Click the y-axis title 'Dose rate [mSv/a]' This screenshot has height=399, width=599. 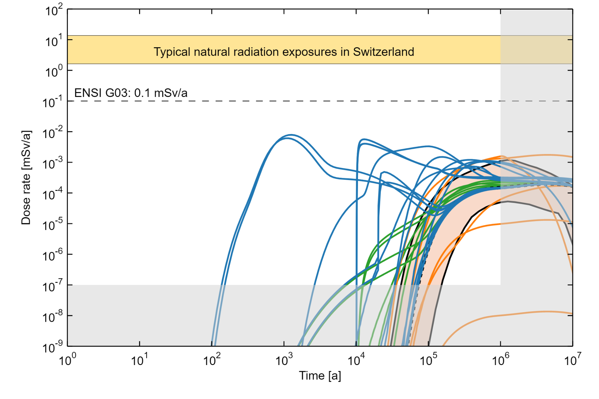pos(26,178)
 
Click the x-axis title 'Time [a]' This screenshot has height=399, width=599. pos(320,376)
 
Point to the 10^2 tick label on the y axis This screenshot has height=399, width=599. pos(54,10)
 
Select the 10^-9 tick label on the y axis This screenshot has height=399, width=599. pos(52,347)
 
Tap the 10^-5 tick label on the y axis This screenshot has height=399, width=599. pos(52,225)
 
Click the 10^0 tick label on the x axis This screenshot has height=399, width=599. pos(67,359)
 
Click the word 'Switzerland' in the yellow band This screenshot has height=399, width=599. pos(383,52)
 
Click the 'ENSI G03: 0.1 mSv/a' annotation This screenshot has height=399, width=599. pos(131,93)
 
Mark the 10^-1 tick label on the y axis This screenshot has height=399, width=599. pos(52,102)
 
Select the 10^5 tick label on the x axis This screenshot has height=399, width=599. pos(428,359)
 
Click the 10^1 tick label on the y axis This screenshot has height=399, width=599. pos(54,41)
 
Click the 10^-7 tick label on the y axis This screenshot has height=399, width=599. pos(52,286)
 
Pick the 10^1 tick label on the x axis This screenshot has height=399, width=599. pos(139,359)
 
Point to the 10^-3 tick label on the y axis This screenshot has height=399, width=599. pos(52,164)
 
